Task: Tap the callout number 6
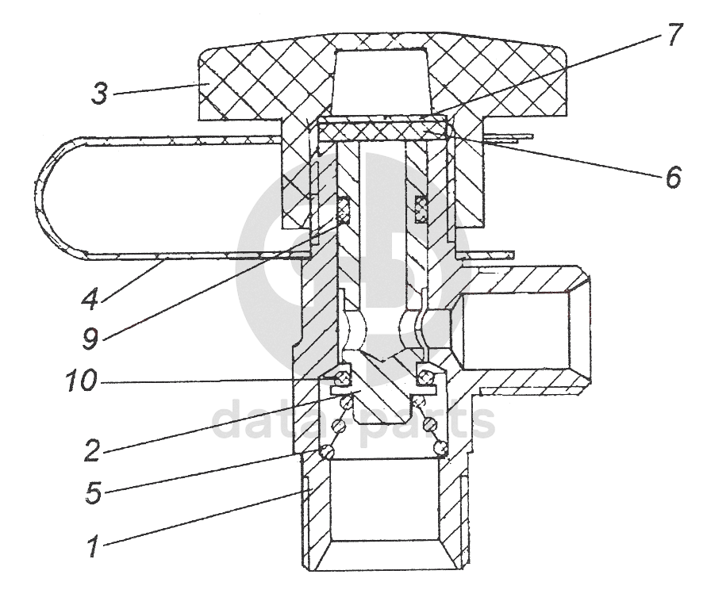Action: click(x=673, y=177)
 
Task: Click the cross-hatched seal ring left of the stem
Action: click(x=344, y=209)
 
